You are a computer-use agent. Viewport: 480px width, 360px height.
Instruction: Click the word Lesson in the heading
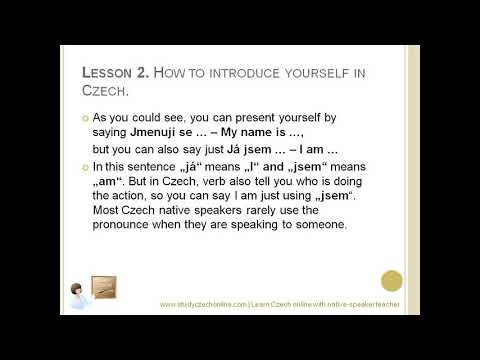(102, 72)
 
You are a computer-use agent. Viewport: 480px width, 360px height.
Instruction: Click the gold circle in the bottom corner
(392, 281)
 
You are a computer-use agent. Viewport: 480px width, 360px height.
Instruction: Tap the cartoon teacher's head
(76, 290)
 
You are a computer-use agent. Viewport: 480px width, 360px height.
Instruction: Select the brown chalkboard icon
(103, 288)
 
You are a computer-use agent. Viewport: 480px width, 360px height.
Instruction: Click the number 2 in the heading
(141, 72)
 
